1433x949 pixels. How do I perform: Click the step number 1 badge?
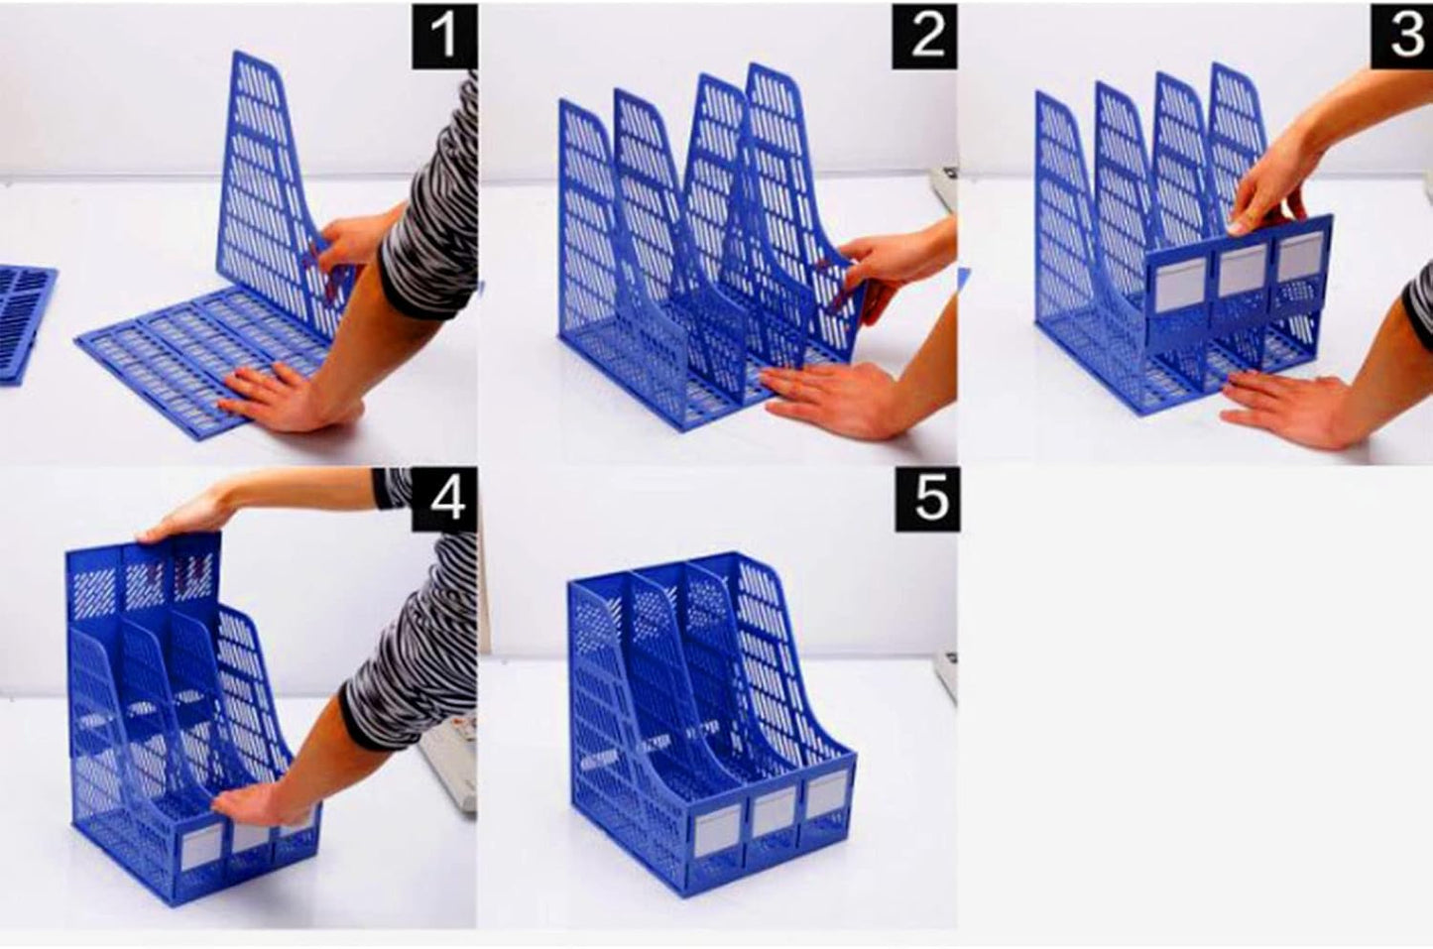tap(443, 37)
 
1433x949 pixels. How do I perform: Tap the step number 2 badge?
tap(924, 37)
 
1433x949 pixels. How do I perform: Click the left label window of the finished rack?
tap(716, 832)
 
